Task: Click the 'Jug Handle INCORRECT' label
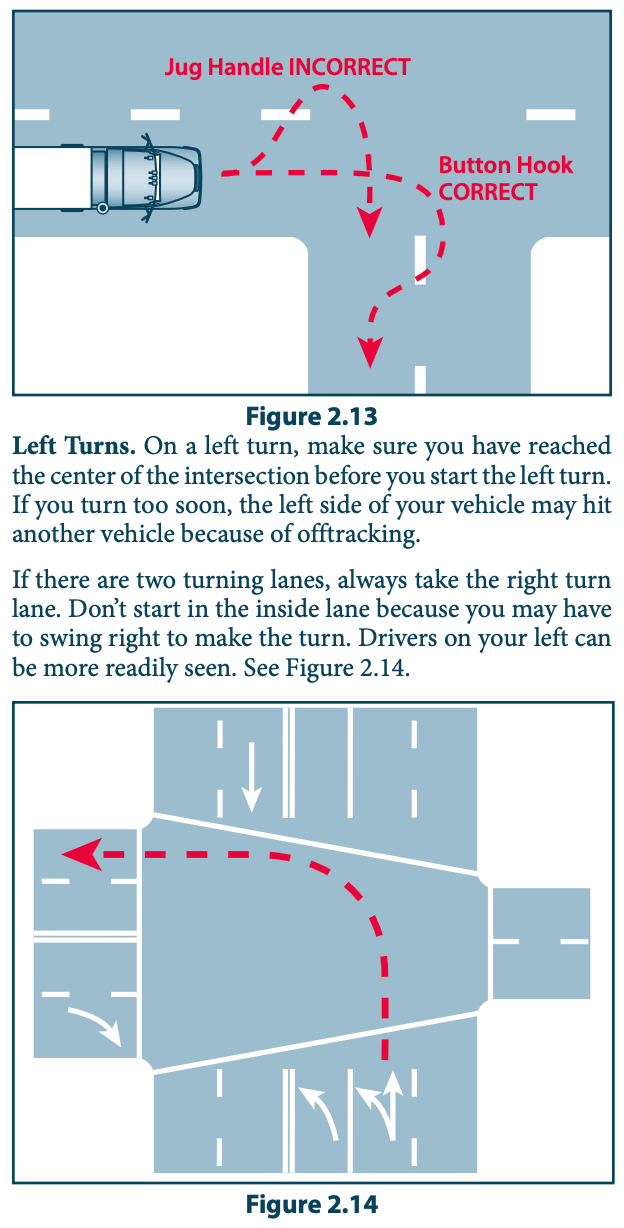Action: click(x=287, y=68)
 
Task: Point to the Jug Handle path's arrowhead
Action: click(x=370, y=223)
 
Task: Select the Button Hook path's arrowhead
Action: click(x=370, y=350)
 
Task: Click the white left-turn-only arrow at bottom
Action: click(x=321, y=1111)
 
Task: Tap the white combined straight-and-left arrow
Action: click(x=385, y=1105)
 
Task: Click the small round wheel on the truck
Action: click(x=102, y=209)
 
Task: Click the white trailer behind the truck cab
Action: click(x=51, y=179)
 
